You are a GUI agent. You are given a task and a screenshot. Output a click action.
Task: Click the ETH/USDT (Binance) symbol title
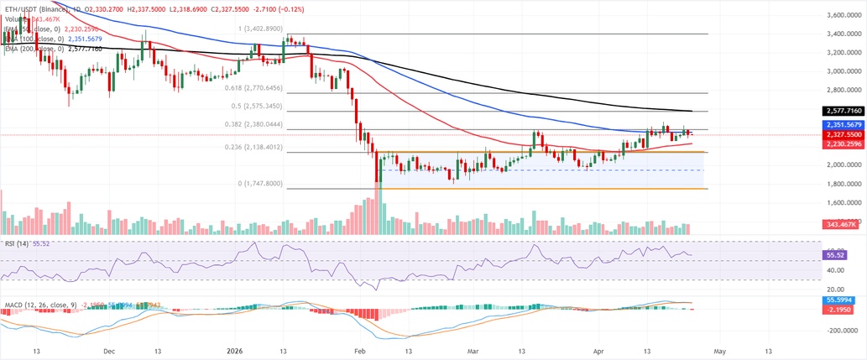(33, 6)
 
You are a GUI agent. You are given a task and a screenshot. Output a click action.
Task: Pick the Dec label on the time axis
(109, 352)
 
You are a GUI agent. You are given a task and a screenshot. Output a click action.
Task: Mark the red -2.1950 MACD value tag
(840, 308)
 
